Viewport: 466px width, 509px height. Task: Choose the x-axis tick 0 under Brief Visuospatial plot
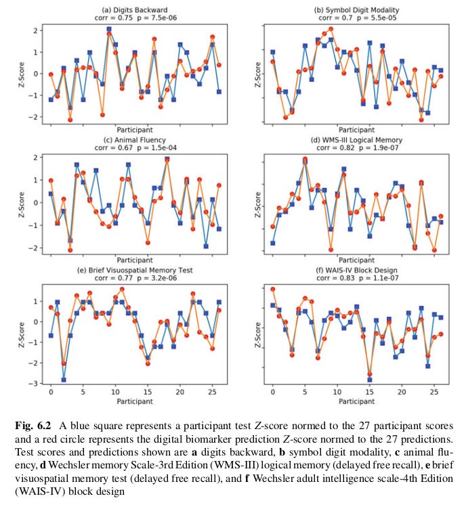pos(51,393)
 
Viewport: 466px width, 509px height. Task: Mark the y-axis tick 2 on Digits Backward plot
pos(39,30)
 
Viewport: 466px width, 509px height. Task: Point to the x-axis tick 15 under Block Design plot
pos(370,393)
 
